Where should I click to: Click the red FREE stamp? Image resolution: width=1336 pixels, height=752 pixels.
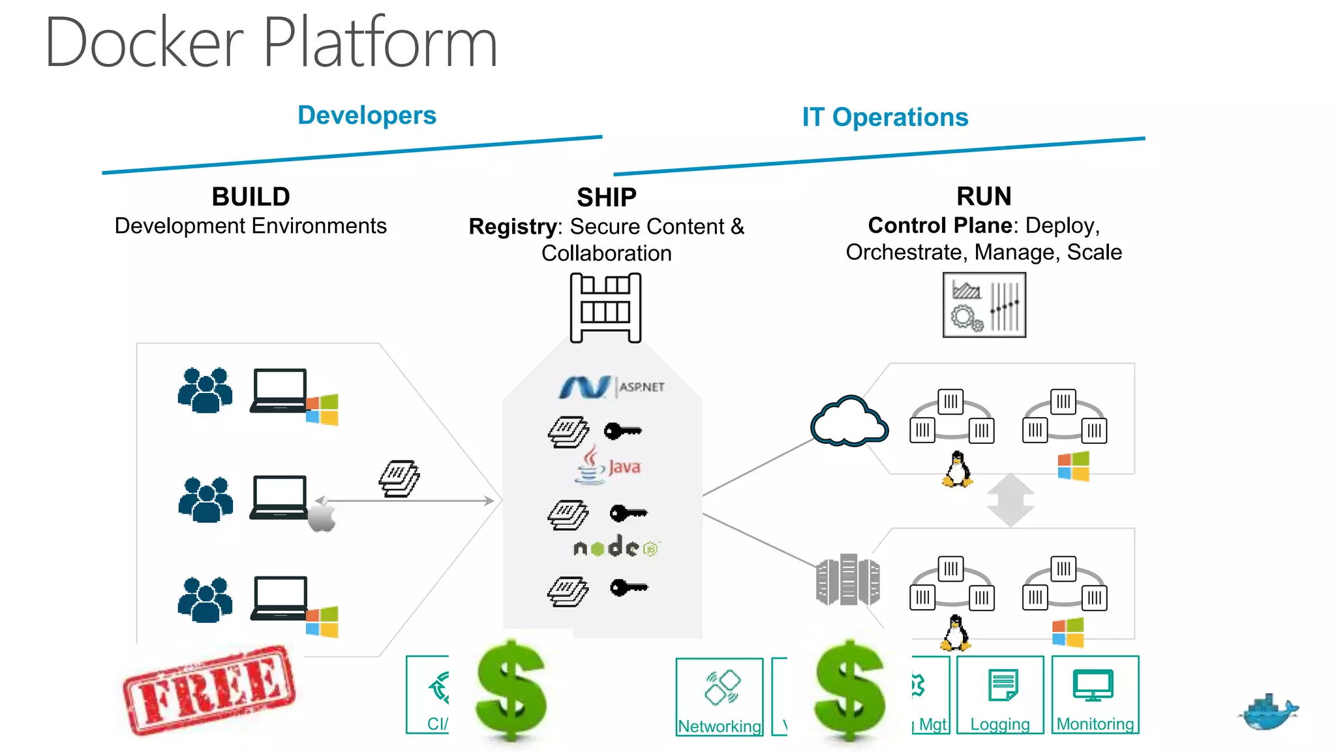[x=209, y=689]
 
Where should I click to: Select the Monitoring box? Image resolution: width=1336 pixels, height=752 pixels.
[x=1095, y=695]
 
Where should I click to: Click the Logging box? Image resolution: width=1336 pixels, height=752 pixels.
[x=1000, y=695]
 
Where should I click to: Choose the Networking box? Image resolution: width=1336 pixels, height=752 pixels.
[x=720, y=697]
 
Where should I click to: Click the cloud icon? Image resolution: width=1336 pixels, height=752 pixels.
[x=849, y=422]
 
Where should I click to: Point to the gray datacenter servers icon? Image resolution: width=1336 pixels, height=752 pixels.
[x=847, y=580]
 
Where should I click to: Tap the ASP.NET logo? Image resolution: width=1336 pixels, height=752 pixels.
[x=611, y=386]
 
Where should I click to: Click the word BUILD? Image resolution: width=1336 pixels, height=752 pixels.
[x=250, y=196]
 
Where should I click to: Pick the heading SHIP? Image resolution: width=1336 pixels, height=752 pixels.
[x=606, y=197]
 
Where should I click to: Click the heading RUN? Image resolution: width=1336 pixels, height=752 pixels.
[x=984, y=196]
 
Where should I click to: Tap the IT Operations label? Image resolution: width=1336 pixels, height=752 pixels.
[x=885, y=117]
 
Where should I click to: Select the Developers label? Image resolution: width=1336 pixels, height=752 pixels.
[x=367, y=116]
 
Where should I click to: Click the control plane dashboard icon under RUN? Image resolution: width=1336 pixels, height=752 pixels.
[x=984, y=305]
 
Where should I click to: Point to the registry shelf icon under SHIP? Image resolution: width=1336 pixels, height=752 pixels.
[x=605, y=307]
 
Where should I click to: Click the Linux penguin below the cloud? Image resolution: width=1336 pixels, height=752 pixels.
[x=957, y=469]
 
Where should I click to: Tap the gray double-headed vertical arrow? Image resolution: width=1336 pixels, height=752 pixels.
[x=1010, y=499]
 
